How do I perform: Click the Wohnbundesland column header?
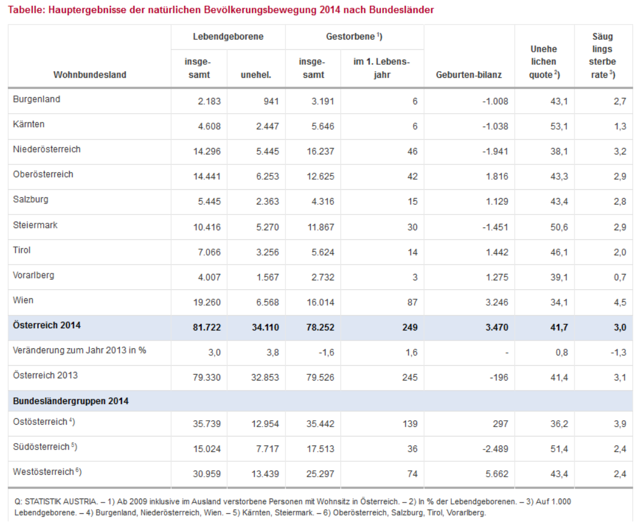point(90,75)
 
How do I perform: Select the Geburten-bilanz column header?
point(468,75)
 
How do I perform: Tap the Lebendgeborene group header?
point(228,37)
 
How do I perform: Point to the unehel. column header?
point(256,75)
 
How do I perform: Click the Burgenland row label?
point(37,99)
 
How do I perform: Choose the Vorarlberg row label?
point(34,275)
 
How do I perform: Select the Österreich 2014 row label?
point(47,325)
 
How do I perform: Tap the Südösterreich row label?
point(45,447)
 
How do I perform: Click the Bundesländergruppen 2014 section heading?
point(71,401)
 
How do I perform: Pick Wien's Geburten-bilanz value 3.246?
point(497,302)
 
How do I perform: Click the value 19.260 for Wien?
point(207,302)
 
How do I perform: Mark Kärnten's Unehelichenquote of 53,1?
point(559,127)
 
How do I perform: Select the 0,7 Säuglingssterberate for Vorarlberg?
point(620,277)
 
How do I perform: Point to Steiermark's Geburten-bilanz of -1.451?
point(495,227)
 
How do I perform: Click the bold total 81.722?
point(207,327)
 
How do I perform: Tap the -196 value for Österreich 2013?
point(499,378)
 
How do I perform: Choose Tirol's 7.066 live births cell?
point(209,252)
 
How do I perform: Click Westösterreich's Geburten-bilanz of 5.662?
point(497,474)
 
